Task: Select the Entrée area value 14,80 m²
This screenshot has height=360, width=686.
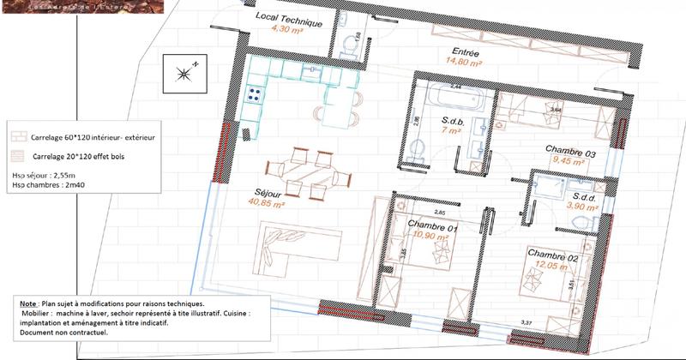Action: (462, 62)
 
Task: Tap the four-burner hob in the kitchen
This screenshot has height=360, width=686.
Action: (255, 95)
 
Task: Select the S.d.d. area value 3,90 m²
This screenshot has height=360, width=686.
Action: (590, 207)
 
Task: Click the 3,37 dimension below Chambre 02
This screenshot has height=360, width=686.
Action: (529, 322)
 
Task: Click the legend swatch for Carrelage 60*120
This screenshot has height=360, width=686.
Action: (17, 137)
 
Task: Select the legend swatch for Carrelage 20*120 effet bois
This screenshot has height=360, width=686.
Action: (17, 156)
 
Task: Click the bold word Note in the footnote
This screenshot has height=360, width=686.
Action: (27, 304)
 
